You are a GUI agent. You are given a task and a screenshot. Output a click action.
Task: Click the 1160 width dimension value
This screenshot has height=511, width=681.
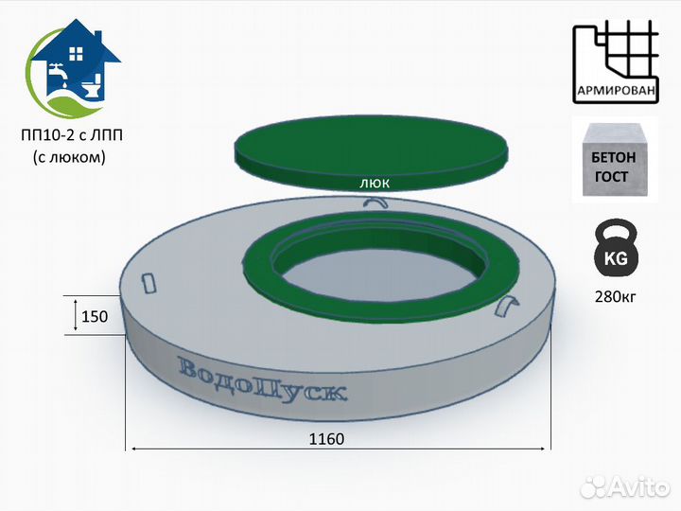[326, 439]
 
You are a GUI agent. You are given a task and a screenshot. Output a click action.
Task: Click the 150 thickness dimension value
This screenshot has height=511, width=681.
[95, 316]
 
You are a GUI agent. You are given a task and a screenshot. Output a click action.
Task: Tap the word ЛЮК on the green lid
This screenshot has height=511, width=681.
[375, 184]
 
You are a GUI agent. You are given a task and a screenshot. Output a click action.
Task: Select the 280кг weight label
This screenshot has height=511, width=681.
[616, 297]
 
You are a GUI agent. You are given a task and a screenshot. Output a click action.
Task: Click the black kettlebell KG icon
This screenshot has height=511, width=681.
[616, 249]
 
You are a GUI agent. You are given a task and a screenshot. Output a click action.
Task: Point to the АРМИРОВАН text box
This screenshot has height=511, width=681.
[616, 91]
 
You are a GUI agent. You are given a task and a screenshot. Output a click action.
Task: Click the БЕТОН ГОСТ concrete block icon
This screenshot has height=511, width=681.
[615, 160]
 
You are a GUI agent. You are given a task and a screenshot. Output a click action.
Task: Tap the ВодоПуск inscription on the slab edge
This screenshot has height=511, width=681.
[262, 380]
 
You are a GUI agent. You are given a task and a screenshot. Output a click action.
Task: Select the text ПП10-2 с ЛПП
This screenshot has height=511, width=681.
[72, 135]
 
